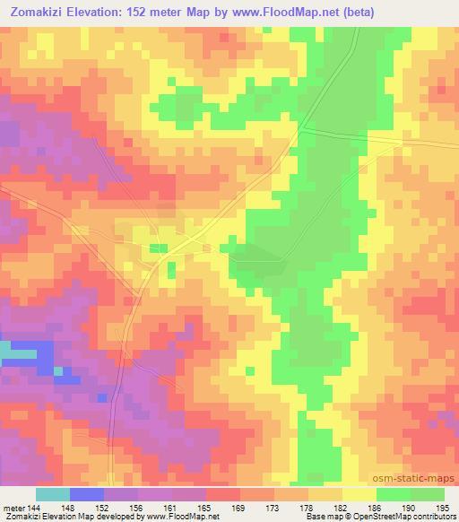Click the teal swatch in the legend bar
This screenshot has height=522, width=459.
tap(53, 494)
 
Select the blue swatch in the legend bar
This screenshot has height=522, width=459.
tap(87, 494)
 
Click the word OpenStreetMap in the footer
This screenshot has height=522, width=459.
tap(381, 517)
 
